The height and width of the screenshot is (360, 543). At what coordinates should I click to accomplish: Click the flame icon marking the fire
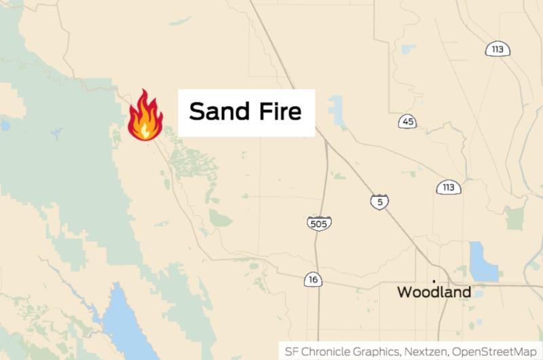(x=145, y=116)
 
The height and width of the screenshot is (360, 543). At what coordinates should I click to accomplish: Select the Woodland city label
(x=434, y=293)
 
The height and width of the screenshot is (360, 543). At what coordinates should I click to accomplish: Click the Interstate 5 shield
(x=379, y=202)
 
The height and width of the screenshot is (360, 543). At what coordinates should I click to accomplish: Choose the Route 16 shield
(x=312, y=278)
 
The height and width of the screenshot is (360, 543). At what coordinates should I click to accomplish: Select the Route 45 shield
(x=407, y=122)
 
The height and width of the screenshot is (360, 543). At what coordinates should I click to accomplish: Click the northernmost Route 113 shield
(x=498, y=49)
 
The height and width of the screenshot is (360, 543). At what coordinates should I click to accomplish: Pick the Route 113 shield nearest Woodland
(x=449, y=187)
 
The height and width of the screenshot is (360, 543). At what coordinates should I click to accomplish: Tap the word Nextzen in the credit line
(x=425, y=351)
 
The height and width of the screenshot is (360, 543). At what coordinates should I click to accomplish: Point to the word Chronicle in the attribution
(x=326, y=351)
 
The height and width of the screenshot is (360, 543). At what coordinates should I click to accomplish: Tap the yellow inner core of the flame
(x=143, y=126)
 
